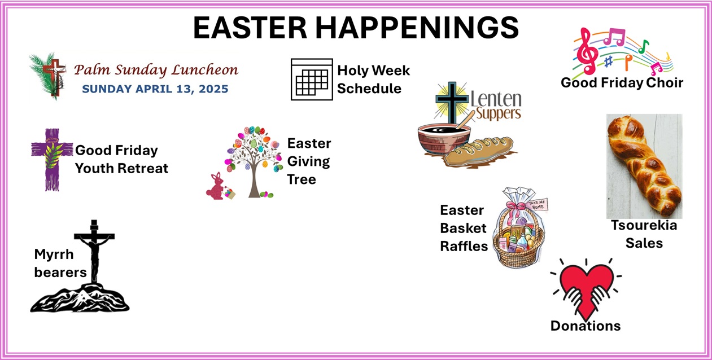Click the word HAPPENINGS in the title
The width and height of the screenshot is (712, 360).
click(417, 28)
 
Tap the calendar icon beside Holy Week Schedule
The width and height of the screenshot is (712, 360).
click(312, 80)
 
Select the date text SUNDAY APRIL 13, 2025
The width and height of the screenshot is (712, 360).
click(155, 89)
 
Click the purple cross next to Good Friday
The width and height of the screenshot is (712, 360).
click(52, 160)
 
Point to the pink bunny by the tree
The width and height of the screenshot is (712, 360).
click(216, 187)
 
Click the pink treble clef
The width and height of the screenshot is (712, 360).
click(587, 51)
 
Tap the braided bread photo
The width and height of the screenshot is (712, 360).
click(644, 166)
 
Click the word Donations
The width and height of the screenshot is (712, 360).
click(586, 326)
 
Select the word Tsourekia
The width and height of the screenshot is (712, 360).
click(644, 225)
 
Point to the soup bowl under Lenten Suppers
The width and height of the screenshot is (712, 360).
click(444, 139)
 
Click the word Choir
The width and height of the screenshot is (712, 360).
click(665, 83)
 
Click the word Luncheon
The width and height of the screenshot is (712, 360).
click(205, 70)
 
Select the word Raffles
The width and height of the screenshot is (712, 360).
click(464, 246)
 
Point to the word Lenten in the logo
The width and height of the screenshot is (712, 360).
click(496, 99)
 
